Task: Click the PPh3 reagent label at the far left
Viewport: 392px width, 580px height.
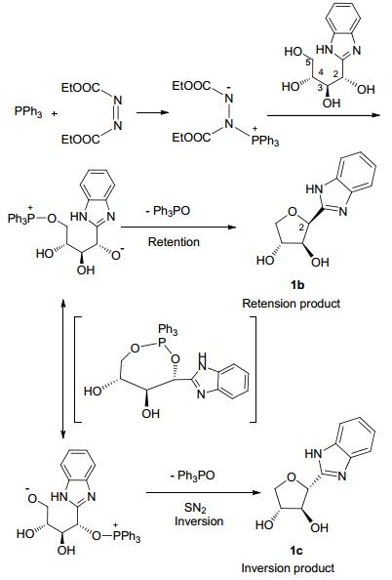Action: pyautogui.click(x=28, y=111)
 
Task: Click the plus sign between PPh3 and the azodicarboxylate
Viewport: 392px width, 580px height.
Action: pyautogui.click(x=55, y=113)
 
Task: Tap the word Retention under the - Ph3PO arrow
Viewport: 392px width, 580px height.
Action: pyautogui.click(x=174, y=242)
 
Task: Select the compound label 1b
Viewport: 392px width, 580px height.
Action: pyautogui.click(x=297, y=285)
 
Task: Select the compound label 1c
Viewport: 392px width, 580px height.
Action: pyautogui.click(x=296, y=551)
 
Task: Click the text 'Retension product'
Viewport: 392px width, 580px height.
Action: pyautogui.click(x=292, y=304)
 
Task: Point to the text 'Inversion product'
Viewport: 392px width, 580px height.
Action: pyautogui.click(x=289, y=567)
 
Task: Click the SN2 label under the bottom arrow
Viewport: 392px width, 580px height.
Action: pyautogui.click(x=195, y=508)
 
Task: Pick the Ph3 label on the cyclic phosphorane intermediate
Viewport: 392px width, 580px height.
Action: pyautogui.click(x=168, y=329)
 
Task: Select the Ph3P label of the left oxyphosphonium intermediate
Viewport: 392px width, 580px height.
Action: pyautogui.click(x=21, y=219)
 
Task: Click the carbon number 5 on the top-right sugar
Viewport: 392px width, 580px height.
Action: pyautogui.click(x=309, y=62)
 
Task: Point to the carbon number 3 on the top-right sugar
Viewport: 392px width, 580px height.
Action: pyautogui.click(x=320, y=88)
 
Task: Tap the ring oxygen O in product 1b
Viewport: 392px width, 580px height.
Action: pyautogui.click(x=293, y=212)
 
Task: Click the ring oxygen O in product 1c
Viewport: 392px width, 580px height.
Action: pyautogui.click(x=292, y=477)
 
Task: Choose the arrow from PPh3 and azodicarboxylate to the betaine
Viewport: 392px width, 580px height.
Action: pyautogui.click(x=152, y=112)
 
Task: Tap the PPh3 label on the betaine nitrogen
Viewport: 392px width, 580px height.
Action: pyautogui.click(x=265, y=142)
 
